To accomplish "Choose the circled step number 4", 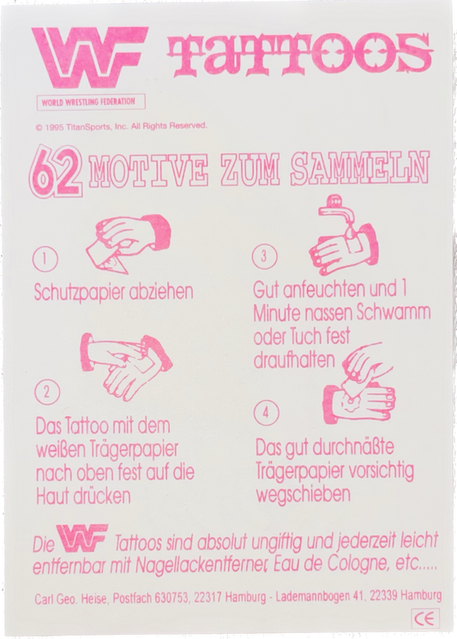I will click(x=268, y=412).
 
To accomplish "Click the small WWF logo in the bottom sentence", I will click(x=82, y=538).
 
